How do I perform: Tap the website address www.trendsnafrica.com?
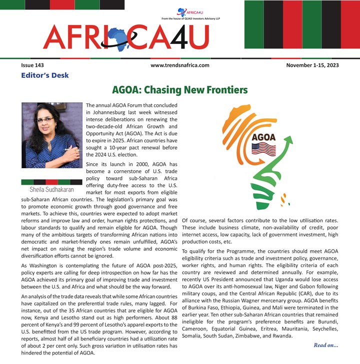coord(179,65)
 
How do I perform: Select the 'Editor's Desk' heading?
coord(45,75)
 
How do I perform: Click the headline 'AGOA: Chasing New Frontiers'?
coord(179,90)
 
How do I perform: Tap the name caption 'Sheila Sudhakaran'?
coord(51,190)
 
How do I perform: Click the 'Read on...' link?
coord(325,345)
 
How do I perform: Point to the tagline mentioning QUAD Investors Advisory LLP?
coord(191,18)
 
